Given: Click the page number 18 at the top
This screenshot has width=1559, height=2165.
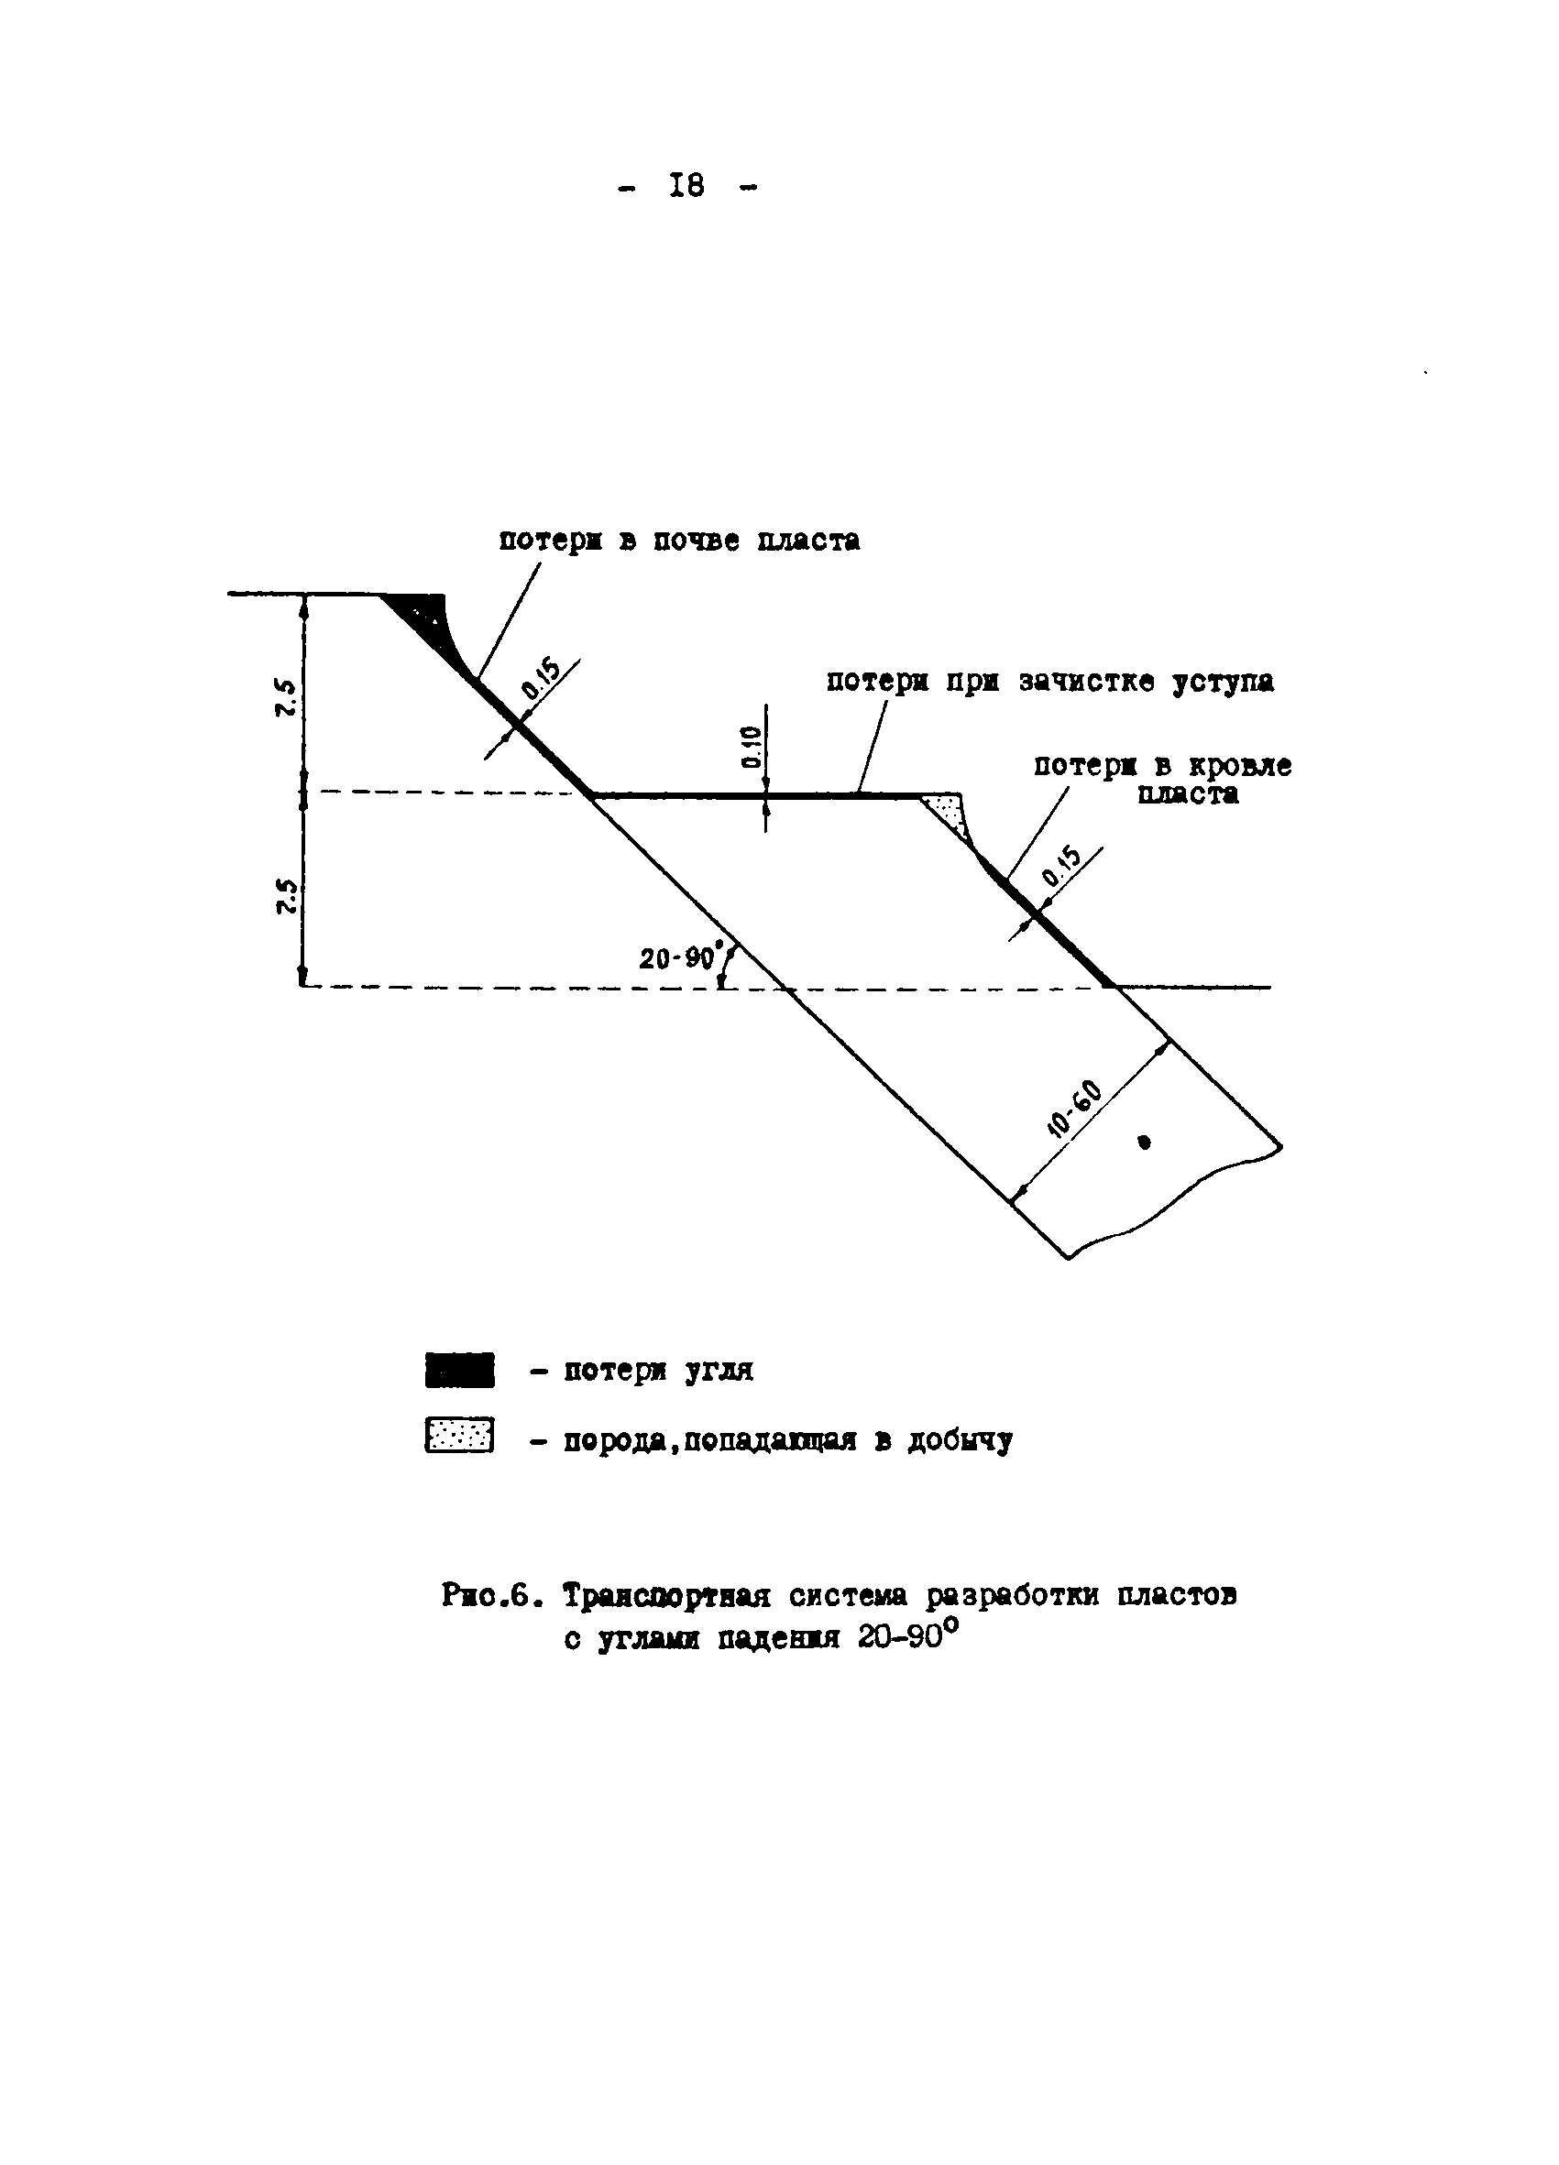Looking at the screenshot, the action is (x=687, y=185).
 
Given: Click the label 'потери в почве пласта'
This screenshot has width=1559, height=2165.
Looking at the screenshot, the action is (x=679, y=541).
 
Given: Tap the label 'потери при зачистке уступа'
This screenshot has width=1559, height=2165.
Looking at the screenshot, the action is (x=1049, y=682).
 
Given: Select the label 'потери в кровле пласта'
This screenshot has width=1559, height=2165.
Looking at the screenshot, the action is (x=1163, y=780).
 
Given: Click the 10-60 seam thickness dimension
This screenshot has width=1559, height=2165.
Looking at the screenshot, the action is (x=1075, y=1110).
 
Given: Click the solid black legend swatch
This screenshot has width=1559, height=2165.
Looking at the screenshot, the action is (x=459, y=1370).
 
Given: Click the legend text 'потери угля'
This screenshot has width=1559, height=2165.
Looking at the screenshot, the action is (x=657, y=1371).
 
